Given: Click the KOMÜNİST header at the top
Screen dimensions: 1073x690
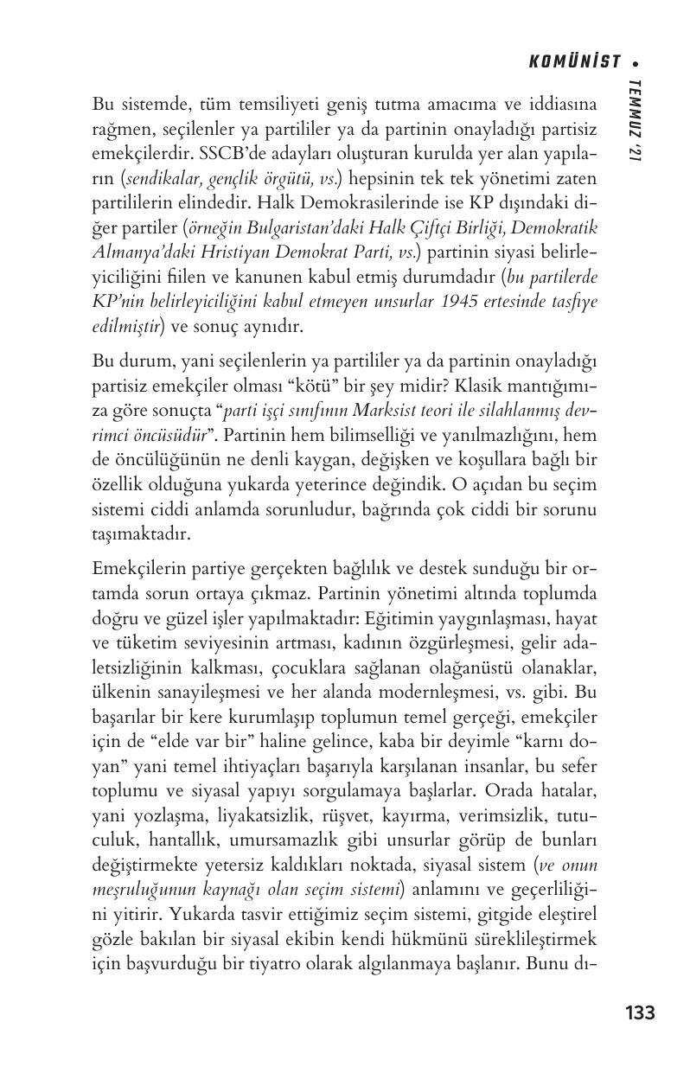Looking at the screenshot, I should (574, 61).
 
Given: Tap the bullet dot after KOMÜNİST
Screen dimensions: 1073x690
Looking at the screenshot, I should (636, 62).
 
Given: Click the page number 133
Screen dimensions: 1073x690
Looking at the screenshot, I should (639, 1012).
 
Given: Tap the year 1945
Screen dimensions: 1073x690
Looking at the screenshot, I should (465, 303).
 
